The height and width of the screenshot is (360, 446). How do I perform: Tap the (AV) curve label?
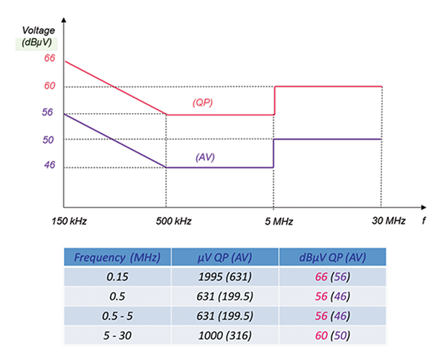click(205, 157)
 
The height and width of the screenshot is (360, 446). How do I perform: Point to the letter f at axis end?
click(424, 220)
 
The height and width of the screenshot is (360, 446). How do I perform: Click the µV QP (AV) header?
click(224, 257)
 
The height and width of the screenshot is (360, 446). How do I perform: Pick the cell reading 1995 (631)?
click(224, 277)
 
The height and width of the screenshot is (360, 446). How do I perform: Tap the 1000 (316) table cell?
click(224, 335)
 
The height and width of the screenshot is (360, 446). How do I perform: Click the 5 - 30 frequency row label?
click(116, 335)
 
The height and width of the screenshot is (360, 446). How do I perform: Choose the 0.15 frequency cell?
click(116, 277)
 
